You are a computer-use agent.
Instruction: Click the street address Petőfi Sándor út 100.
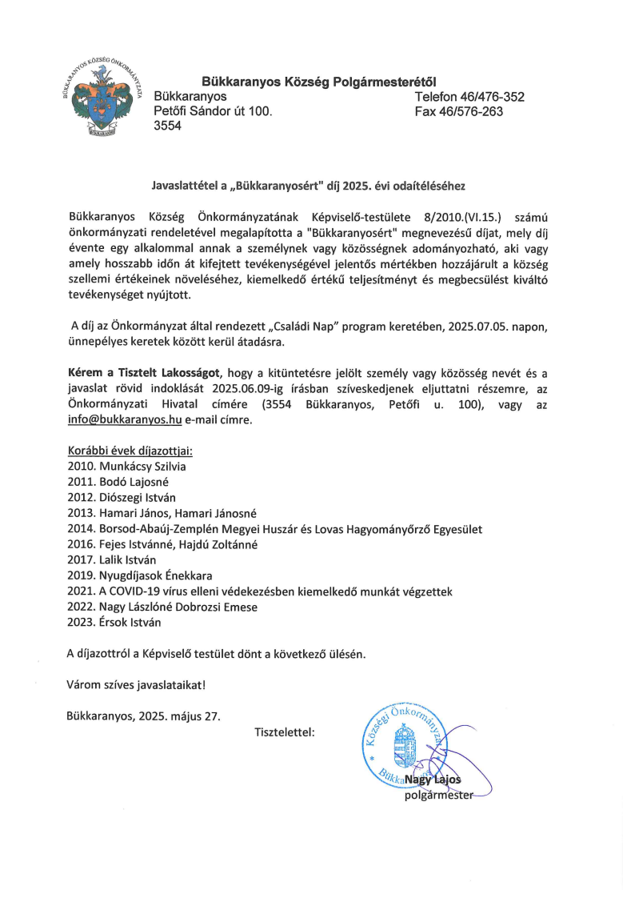(x=213, y=112)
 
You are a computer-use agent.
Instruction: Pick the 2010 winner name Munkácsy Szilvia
(x=144, y=467)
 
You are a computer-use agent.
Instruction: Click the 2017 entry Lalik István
(x=129, y=560)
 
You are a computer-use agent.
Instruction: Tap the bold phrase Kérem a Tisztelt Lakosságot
(x=146, y=373)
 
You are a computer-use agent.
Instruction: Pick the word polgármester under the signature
(x=439, y=795)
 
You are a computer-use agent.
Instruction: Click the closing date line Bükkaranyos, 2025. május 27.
(x=144, y=716)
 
